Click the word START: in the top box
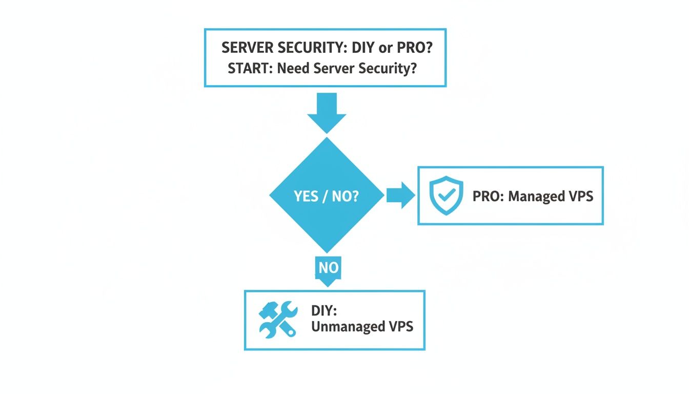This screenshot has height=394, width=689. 250,69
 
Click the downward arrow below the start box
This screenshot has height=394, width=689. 327,113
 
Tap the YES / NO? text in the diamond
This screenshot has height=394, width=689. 326,196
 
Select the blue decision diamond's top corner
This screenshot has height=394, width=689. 327,137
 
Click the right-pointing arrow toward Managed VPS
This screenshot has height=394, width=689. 400,195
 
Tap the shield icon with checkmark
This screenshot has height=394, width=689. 446,195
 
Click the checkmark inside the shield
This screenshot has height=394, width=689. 446,195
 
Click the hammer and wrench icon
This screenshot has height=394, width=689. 277,319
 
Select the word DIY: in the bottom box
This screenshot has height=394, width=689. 322,310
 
